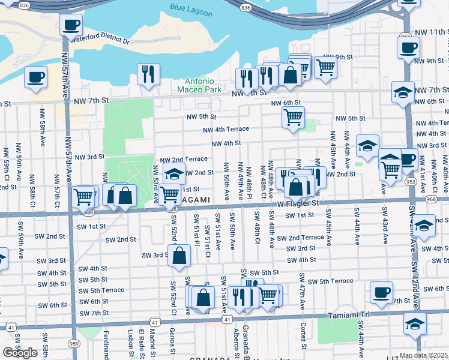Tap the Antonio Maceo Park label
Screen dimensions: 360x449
[199, 85]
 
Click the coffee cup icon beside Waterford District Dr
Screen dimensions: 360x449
[71, 25]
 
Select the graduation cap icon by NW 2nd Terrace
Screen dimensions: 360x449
[174, 175]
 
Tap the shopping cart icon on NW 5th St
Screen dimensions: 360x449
[293, 118]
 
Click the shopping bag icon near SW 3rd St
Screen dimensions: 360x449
[180, 255]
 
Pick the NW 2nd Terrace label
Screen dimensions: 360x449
[184, 160]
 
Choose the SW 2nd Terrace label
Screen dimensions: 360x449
[300, 238]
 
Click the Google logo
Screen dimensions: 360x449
[20, 353]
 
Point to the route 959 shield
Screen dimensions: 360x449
[74, 343]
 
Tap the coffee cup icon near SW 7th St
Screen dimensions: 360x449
[381, 293]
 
